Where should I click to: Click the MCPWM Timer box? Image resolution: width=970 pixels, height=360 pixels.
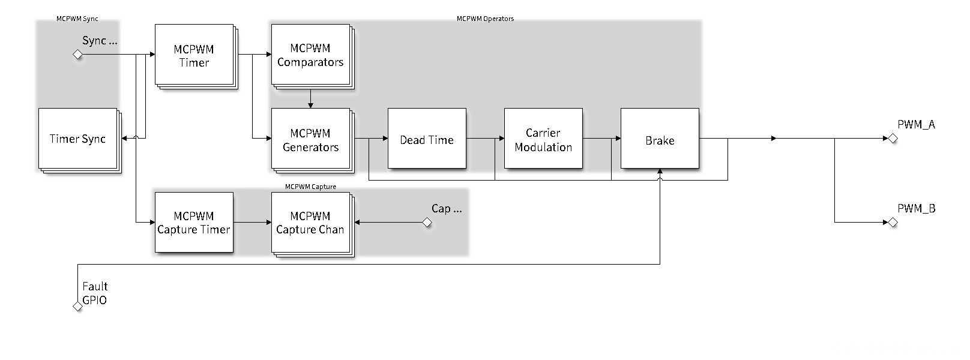point(194,55)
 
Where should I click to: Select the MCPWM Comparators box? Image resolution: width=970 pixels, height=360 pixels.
point(310,55)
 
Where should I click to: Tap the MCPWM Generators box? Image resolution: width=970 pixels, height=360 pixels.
point(310,139)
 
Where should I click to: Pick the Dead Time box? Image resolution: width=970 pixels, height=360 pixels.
point(427,139)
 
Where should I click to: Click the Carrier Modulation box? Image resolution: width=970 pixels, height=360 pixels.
point(543,139)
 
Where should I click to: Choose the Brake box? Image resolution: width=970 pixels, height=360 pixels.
point(660,139)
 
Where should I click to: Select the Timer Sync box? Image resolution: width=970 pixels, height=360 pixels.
point(77,139)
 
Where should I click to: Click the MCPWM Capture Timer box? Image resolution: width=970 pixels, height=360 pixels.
point(194,223)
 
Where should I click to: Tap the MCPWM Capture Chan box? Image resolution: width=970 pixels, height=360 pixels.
point(310,223)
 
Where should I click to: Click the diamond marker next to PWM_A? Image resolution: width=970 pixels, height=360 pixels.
point(893,139)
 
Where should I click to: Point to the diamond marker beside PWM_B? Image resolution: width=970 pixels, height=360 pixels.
point(893,223)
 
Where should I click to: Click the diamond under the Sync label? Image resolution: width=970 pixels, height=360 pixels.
point(77,55)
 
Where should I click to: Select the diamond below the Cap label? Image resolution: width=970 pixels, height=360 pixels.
point(427,223)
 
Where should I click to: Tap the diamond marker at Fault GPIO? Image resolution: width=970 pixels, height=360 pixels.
point(77,307)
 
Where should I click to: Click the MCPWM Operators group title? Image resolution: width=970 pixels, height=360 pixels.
point(485,19)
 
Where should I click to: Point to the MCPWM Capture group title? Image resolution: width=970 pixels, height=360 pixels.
point(310,187)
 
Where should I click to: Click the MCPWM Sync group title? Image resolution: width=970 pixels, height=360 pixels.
point(77,19)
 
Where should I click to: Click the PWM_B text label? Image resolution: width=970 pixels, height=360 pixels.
point(916,208)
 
